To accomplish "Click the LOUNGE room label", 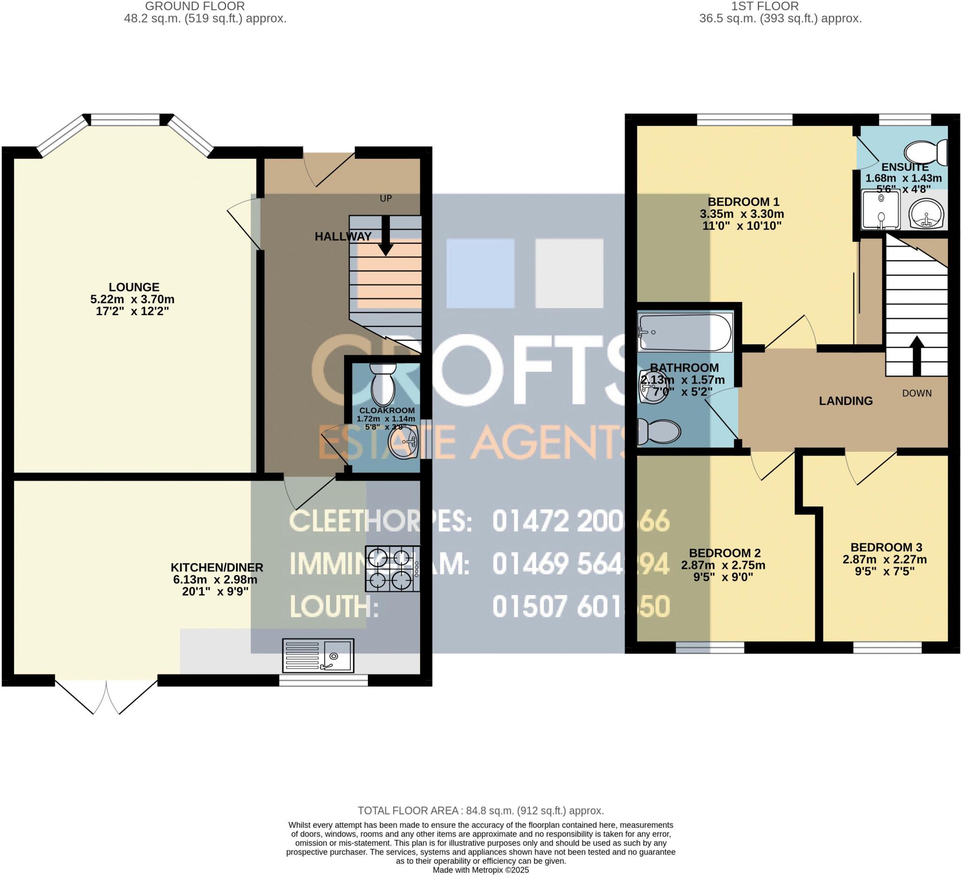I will pos(134,287).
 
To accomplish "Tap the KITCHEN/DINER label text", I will pos(217,568).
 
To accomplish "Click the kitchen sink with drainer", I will pos(318,656).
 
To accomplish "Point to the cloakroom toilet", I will pos(383,384).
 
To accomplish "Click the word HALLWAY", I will pos(343,236).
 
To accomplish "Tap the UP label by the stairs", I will pos(386,199).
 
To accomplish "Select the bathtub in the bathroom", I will pos(685,333).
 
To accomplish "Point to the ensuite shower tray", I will pos(881,210).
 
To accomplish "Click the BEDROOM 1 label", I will pos(743,202).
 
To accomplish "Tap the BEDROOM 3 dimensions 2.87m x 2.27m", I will pos(885,560).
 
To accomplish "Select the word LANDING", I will pos(846,401).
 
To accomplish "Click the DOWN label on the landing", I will pos(917,394).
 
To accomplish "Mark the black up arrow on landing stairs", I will pos(917,356).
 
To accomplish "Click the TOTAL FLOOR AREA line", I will pos(480,811).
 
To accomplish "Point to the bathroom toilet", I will pos(659,431).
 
